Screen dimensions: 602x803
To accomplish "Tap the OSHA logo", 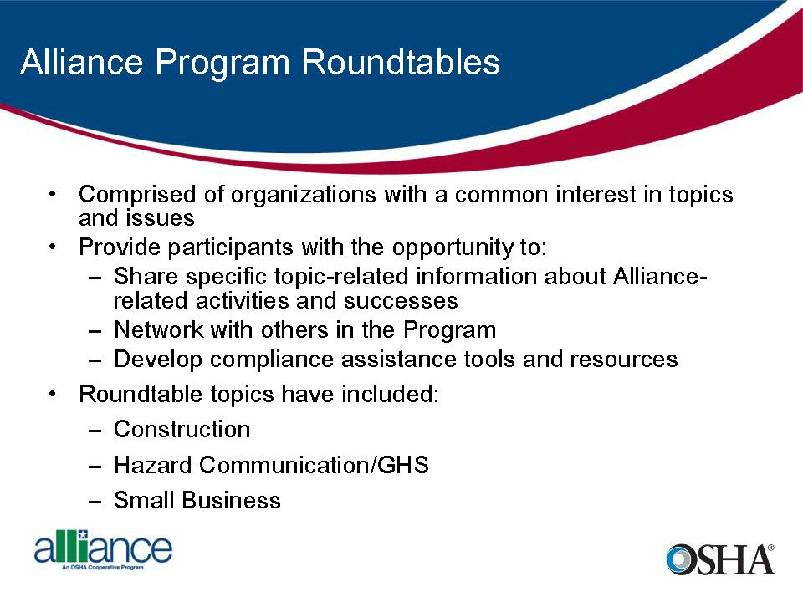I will (720, 559).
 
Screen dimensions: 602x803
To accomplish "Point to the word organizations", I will (304, 195).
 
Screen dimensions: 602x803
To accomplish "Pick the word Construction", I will (182, 429).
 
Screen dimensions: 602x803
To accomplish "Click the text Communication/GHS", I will (314, 465).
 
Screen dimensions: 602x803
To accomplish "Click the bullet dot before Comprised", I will (53, 195).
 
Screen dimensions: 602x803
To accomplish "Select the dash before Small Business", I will (95, 501).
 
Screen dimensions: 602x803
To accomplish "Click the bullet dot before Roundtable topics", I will (53, 393).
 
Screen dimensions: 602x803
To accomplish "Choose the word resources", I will (623, 360).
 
